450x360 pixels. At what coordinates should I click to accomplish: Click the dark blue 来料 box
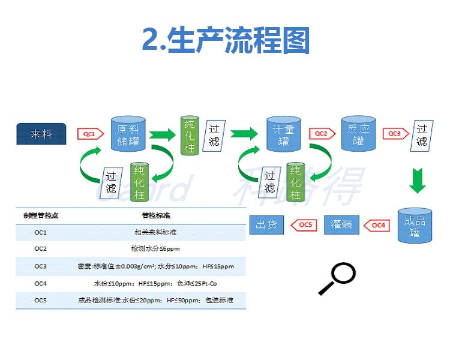point(41,134)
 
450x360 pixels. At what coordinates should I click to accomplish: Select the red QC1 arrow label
point(88,134)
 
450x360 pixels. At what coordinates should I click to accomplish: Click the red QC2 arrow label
point(320,134)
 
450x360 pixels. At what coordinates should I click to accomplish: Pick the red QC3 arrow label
point(394,134)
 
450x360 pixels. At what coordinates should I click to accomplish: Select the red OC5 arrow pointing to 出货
point(304,225)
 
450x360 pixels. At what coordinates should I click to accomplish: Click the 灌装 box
point(341,225)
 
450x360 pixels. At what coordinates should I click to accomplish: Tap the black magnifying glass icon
point(337,279)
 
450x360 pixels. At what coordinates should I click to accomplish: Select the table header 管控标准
point(157,215)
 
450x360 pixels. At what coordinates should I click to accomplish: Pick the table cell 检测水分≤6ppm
point(155,248)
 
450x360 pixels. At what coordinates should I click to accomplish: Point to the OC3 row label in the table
point(41,266)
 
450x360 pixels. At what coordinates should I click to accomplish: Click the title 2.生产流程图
point(226,41)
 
